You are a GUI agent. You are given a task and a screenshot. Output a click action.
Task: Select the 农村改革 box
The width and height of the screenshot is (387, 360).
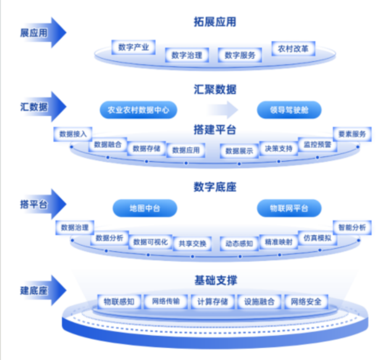(293, 48)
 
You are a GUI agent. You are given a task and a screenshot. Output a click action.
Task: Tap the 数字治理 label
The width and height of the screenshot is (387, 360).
(187, 55)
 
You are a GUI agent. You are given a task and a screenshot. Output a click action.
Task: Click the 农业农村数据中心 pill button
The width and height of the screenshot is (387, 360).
(138, 110)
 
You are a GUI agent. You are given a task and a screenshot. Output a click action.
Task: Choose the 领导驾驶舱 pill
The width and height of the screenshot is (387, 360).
(289, 110)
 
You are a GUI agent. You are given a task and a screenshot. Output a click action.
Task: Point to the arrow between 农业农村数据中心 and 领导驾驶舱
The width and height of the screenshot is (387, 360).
(223, 110)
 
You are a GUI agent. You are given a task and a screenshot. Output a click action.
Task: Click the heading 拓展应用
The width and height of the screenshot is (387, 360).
(215, 22)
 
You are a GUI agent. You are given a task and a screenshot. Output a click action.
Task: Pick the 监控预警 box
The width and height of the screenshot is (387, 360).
(317, 144)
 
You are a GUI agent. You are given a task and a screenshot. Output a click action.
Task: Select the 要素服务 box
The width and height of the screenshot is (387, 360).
(352, 134)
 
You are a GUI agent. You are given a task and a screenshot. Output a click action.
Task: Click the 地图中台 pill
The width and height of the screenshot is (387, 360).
(145, 208)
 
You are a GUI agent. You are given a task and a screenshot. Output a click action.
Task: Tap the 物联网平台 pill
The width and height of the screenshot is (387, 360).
(289, 208)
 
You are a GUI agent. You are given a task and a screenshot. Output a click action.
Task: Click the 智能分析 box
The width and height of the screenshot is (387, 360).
(352, 227)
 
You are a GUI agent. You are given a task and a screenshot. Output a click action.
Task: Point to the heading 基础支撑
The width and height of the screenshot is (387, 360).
(215, 281)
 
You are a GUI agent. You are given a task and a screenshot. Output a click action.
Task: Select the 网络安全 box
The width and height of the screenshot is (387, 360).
(306, 301)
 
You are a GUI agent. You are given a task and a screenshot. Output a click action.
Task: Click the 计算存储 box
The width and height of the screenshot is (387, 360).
(213, 301)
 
